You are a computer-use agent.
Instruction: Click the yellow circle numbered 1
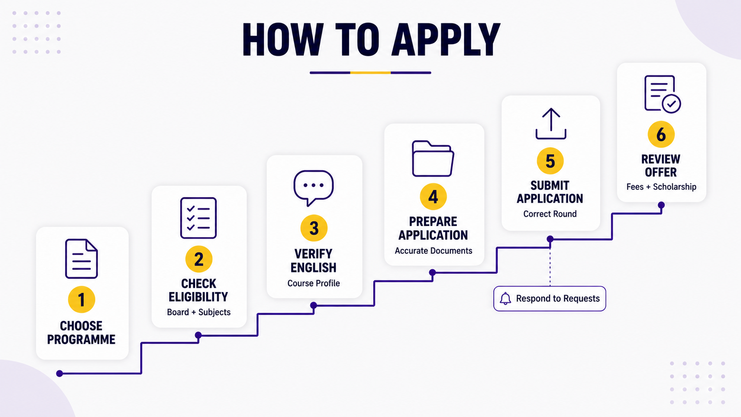pos(82,300)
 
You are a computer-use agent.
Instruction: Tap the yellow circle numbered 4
pos(433,197)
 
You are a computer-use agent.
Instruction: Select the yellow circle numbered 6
pos(661,134)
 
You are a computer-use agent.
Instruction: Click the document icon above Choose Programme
pos(82,259)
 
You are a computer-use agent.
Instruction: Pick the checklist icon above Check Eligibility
pos(199,218)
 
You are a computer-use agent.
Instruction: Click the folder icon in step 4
pos(433,158)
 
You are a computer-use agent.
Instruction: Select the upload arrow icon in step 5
pos(551,123)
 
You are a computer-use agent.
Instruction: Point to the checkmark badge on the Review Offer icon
pos(671,104)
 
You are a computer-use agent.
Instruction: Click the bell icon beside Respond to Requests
pos(505,298)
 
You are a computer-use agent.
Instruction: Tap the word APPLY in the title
pos(446,40)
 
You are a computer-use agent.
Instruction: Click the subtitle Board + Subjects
pos(199,312)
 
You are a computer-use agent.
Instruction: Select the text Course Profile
pos(314,284)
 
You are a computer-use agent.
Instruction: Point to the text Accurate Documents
pos(433,251)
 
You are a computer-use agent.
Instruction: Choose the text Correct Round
pos(550,214)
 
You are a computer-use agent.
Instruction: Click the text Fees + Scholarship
pos(661,187)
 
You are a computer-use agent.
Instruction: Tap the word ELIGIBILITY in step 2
pos(198,297)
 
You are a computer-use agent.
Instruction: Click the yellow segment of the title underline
pos(370,72)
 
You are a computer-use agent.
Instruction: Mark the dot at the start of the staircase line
pos(59,374)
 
